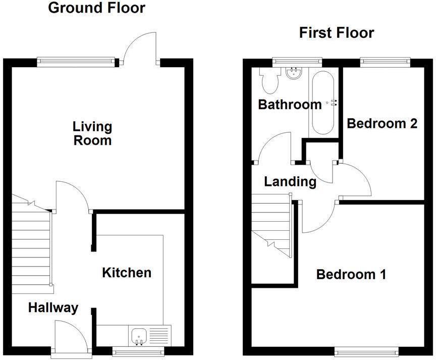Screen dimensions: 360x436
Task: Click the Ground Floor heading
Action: pyautogui.click(x=96, y=8)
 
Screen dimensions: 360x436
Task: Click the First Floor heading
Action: pyautogui.click(x=336, y=33)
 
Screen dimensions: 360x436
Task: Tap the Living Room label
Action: pyautogui.click(x=92, y=133)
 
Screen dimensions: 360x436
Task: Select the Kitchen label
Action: pyautogui.click(x=127, y=273)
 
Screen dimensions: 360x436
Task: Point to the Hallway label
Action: pyautogui.click(x=53, y=307)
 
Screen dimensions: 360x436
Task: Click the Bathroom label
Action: pyautogui.click(x=289, y=105)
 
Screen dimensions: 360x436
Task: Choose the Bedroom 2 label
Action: pyautogui.click(x=382, y=123)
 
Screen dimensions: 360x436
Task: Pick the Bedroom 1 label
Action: pyautogui.click(x=351, y=275)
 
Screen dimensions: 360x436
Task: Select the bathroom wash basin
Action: pyautogui.click(x=293, y=74)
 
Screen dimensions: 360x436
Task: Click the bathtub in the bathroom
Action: pyautogui.click(x=322, y=102)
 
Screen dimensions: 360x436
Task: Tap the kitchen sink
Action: pyautogui.click(x=138, y=335)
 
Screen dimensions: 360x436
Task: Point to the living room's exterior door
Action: pyautogui.click(x=141, y=48)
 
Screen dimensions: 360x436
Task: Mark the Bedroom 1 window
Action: pyautogui.click(x=365, y=350)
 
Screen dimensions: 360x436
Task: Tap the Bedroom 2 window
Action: pyautogui.click(x=385, y=62)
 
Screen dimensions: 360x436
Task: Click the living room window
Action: pyautogui.click(x=77, y=62)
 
